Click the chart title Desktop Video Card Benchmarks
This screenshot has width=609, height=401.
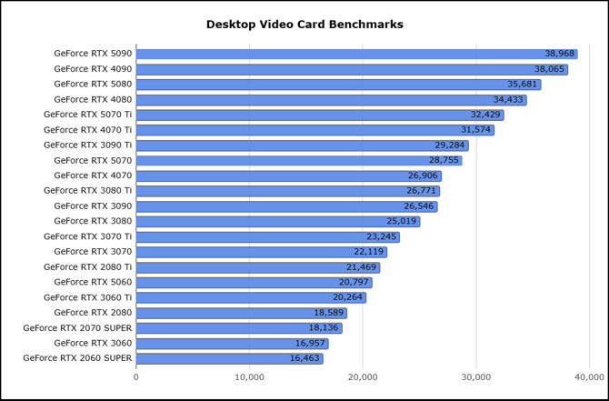[x=304, y=25]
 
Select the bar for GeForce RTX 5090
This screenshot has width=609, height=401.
[x=356, y=54]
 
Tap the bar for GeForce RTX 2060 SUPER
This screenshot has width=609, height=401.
[x=229, y=358]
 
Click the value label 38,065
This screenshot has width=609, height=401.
[x=549, y=69]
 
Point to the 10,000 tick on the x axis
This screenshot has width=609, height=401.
[x=249, y=376]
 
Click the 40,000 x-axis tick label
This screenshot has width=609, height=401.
[x=590, y=376]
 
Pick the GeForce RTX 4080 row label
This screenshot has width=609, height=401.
[x=93, y=99]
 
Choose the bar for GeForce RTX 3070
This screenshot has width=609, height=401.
[x=261, y=252]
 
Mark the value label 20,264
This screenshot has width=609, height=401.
[x=347, y=297]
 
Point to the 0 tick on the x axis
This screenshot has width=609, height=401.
[x=136, y=376]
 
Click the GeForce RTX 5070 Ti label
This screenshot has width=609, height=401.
[x=87, y=115]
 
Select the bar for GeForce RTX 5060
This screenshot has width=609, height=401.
[x=254, y=282]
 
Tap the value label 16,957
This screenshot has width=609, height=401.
[x=310, y=343]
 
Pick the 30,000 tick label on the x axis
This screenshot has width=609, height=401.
[x=476, y=376]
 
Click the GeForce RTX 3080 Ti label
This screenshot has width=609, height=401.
[x=87, y=191]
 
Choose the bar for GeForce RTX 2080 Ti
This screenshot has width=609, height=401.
[x=257, y=267]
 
